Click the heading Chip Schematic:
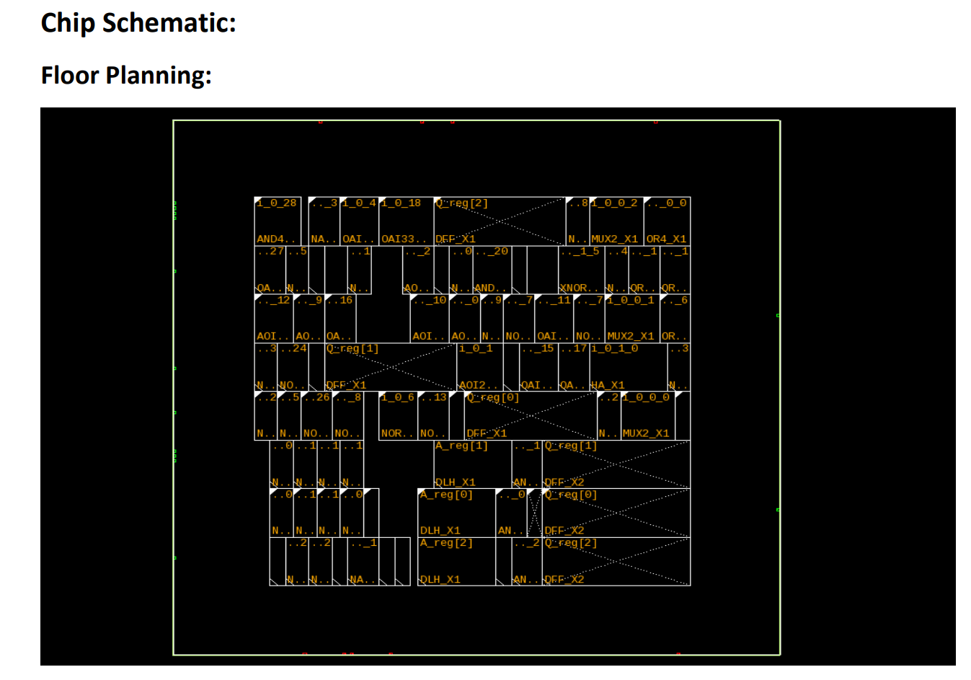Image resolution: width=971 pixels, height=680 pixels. pyautogui.click(x=138, y=23)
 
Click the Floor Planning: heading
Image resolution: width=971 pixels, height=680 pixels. pyautogui.click(x=126, y=75)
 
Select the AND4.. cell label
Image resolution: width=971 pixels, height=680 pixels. pyautogui.click(x=276, y=239)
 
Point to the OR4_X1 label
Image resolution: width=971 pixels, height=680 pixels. pyautogui.click(x=666, y=239)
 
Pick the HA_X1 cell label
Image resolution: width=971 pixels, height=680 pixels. pyautogui.click(x=608, y=385)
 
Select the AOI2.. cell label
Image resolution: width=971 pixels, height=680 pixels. pyautogui.click(x=478, y=385)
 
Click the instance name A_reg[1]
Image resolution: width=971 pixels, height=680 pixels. pyautogui.click(x=461, y=446)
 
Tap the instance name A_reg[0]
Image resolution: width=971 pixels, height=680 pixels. pyautogui.click(x=446, y=495)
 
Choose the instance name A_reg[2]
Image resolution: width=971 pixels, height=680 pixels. pyautogui.click(x=446, y=543)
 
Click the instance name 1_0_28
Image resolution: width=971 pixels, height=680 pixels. pyautogui.click(x=276, y=203)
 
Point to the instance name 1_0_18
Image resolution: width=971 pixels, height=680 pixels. pyautogui.click(x=401, y=203)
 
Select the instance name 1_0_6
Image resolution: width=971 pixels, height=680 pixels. pyautogui.click(x=398, y=397)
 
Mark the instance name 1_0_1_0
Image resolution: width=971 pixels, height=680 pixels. pyautogui.click(x=615, y=348)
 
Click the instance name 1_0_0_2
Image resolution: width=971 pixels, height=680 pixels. pyautogui.click(x=615, y=203)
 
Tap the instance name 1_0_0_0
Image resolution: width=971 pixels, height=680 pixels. pyautogui.click(x=647, y=397)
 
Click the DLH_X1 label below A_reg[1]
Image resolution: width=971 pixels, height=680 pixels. pyautogui.click(x=455, y=482)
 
